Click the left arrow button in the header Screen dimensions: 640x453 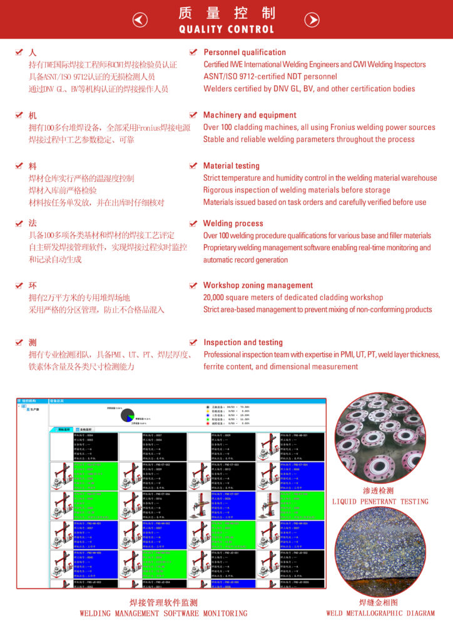pos(141,20)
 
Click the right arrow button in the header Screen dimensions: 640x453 pos(312,20)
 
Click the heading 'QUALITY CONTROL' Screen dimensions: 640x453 pos(227,29)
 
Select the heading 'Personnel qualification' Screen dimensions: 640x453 pos(245,52)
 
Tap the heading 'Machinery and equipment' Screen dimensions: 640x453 pos(250,115)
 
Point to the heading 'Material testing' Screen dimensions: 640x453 pos(232,166)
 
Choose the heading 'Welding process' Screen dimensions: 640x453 pos(233,223)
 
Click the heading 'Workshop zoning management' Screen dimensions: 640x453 pos(258,285)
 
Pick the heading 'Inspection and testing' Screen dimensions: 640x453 pos(243,342)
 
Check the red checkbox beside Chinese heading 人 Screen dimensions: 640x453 pos(19,52)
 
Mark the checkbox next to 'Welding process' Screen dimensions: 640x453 pos(193,223)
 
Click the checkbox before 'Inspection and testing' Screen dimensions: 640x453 pos(193,342)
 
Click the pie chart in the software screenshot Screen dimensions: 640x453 pos(128,415)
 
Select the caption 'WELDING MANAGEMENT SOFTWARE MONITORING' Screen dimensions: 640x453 pos(163,613)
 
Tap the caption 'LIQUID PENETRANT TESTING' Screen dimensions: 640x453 pos(380,501)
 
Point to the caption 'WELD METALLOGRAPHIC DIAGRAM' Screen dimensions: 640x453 pos(380,613)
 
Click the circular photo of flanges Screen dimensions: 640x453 pos(380,437)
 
